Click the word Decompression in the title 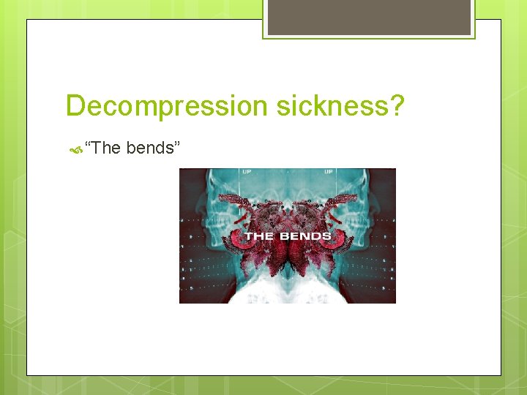(168, 106)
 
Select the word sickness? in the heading (341, 106)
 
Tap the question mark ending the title (396, 106)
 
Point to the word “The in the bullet (103, 148)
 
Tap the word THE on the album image (258, 236)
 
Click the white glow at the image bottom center (288, 293)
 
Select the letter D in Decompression (75, 106)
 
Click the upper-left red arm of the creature (236, 201)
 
